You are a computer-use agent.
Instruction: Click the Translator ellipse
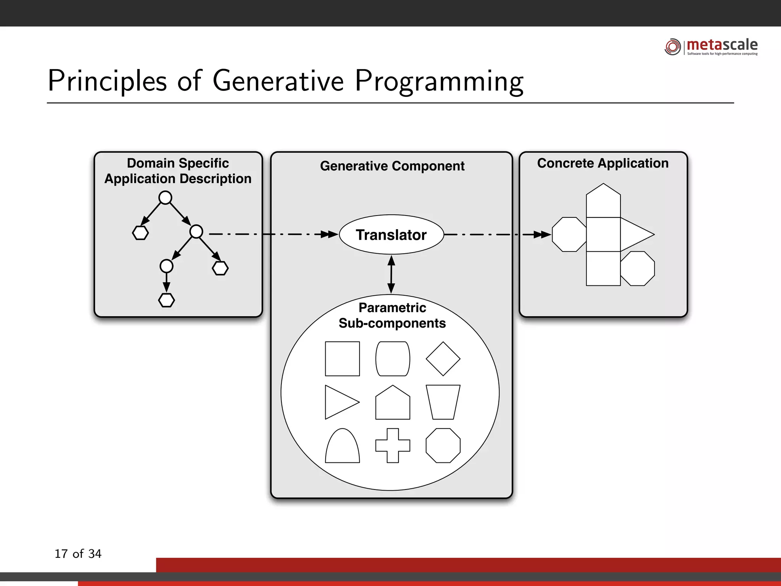click(391, 235)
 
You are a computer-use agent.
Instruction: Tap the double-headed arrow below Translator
click(391, 274)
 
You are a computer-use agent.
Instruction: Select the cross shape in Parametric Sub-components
click(392, 446)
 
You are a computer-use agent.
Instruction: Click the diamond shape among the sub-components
click(443, 359)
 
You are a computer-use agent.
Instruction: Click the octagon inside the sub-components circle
click(443, 446)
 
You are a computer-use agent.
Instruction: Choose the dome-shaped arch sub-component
click(342, 447)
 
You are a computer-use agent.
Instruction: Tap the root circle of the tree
click(165, 198)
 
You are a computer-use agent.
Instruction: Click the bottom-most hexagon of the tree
click(166, 300)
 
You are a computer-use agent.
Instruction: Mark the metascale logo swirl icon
click(673, 47)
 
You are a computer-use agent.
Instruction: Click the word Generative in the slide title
click(278, 81)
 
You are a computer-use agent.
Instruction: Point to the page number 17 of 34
click(78, 554)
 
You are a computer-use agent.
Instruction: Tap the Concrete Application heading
click(603, 163)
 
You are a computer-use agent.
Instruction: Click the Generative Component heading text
click(392, 166)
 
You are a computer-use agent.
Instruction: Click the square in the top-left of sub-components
click(342, 359)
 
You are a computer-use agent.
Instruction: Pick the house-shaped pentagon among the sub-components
click(392, 404)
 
